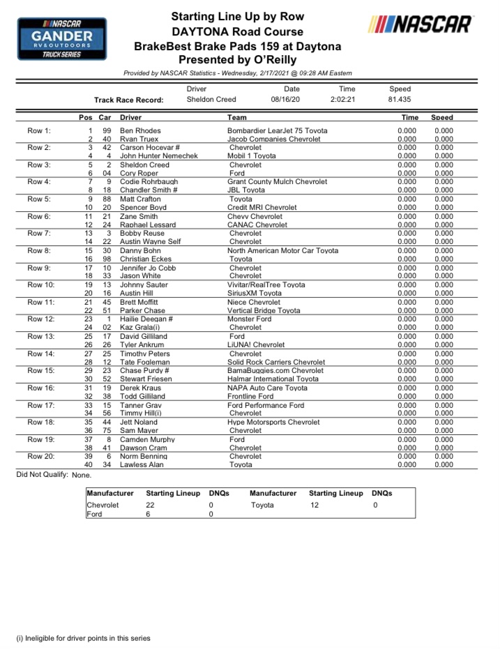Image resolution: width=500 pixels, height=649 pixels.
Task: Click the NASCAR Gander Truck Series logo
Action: coord(62,39)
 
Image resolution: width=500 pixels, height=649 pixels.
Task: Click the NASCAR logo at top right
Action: coord(421,25)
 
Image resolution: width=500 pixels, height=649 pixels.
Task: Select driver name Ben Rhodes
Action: coord(140,131)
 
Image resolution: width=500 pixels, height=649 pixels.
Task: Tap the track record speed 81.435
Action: coord(400,100)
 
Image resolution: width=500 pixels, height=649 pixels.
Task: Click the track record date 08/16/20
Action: coord(285,100)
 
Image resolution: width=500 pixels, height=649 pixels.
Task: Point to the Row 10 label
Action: coord(40,285)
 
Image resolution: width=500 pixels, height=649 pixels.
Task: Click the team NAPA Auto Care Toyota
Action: coord(267,388)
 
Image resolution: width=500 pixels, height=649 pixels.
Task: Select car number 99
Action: coord(107,131)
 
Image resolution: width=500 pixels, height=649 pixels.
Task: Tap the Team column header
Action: coord(237,119)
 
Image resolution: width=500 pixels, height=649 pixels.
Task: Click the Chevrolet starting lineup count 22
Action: coord(150,505)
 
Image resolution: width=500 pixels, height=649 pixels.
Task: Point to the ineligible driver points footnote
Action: coord(83,638)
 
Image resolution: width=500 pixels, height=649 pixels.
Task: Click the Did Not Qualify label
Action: coord(42,475)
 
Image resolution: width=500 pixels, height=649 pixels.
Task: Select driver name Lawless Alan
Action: coord(143,465)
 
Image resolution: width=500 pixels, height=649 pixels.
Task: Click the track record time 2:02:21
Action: coord(343,100)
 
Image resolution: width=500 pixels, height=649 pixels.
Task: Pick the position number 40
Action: coord(89,465)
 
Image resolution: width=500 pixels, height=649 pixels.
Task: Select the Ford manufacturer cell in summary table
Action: coord(94,514)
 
